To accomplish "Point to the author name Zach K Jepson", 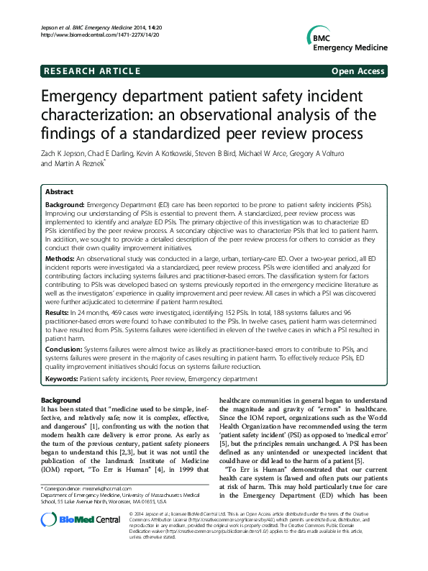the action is tap(63, 152).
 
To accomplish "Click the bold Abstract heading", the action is tap(60, 193).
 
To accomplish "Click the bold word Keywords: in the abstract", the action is tap(62, 378).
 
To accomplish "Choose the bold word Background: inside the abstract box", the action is tap(66, 205).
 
